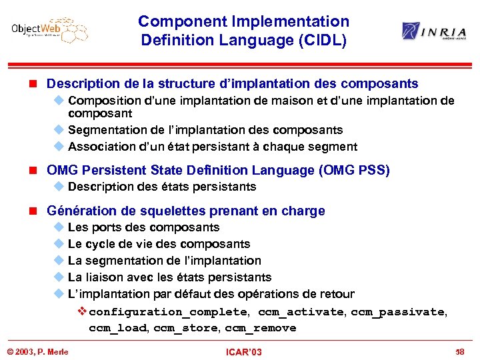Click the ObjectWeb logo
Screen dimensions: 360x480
point(50,30)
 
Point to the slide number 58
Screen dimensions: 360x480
point(460,351)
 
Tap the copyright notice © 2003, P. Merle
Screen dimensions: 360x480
point(38,351)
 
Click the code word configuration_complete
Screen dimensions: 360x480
point(168,311)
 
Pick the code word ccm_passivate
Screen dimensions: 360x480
point(398,311)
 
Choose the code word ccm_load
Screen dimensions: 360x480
point(119,328)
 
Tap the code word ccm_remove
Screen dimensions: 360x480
point(260,328)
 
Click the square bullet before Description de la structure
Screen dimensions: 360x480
point(37,84)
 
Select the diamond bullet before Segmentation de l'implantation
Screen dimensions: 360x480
point(57,130)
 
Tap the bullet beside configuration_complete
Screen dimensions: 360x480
point(82,311)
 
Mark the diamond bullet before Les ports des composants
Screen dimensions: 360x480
point(57,227)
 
